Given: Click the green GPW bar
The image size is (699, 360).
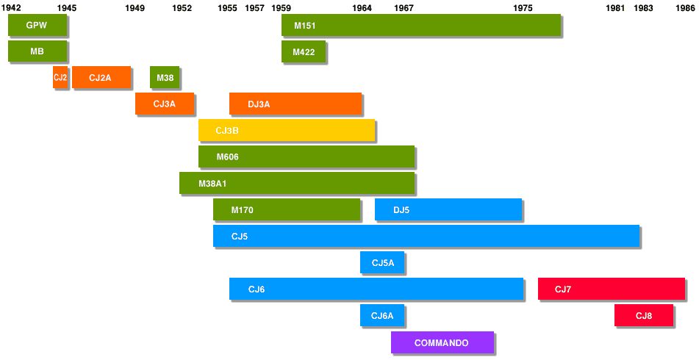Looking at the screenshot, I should point(37,25).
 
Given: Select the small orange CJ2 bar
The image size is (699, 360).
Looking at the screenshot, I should point(60,77).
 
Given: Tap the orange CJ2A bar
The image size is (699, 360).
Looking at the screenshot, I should point(101,77).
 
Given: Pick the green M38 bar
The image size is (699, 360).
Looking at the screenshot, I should point(165,77).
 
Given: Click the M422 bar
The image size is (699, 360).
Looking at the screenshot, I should point(304,52).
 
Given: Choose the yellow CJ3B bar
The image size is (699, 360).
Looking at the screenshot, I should point(287,130).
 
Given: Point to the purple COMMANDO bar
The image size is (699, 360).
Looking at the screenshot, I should point(442,342).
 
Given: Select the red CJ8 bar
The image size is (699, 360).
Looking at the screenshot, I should point(643,315).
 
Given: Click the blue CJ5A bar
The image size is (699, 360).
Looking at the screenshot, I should point(382,262).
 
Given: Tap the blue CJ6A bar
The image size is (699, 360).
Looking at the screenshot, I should point(382,315).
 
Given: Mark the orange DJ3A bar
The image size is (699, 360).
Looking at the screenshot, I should point(295,104).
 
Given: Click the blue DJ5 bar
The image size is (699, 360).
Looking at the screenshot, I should point(448,209).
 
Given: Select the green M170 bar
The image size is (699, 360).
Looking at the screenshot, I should point(287,209).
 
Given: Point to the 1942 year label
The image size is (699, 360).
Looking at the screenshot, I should point(11,7).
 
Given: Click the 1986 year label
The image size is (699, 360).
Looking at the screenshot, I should point(685,7).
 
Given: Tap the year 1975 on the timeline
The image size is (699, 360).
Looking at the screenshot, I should point(523,7).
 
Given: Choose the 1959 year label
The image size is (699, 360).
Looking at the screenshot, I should point(281,7).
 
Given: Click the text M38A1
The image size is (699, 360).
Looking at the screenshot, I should point(212,183).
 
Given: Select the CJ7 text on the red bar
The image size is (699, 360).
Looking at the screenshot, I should point(563,289).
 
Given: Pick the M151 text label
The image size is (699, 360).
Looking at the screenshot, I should point(305,26).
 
